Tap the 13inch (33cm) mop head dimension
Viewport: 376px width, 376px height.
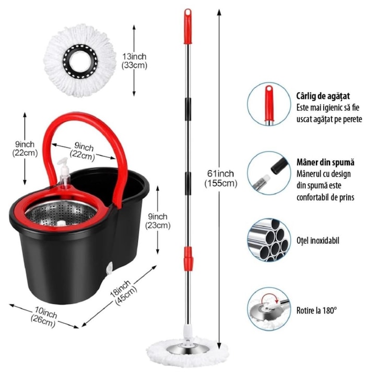[x=135, y=61]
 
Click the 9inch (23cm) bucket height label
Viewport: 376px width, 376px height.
[x=157, y=221]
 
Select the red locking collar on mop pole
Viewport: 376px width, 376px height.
[x=187, y=256]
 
